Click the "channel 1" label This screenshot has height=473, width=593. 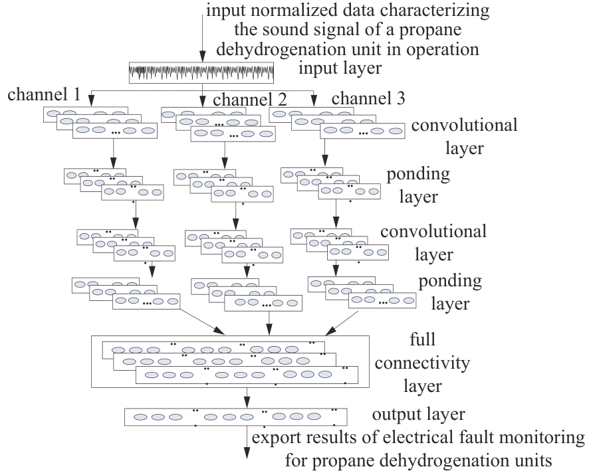44,94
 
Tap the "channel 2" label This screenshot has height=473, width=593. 249,100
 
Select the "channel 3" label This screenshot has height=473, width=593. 368,98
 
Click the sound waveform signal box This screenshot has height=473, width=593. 201,72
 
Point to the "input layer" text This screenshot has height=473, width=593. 340,68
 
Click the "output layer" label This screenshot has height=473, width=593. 419,415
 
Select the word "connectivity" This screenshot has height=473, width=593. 422,363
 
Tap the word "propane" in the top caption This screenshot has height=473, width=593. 430,30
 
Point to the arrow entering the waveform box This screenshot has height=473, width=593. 202,34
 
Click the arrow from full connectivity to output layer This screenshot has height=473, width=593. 247,397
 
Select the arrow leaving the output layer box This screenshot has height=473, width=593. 247,442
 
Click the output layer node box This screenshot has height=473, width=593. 235,417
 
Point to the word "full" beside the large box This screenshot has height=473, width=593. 422,339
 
